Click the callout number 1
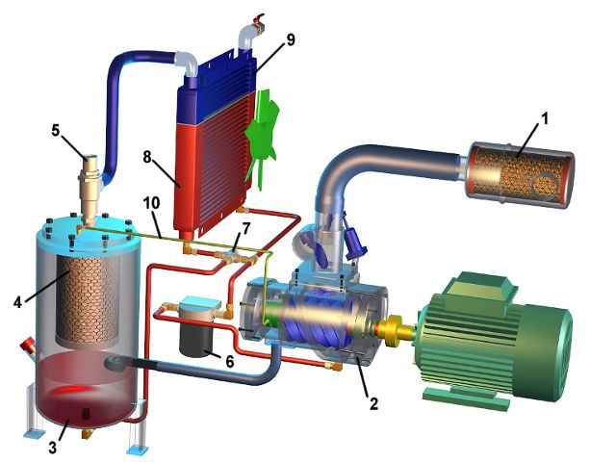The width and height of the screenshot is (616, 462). tap(545, 118)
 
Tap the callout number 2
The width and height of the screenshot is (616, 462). tap(373, 403)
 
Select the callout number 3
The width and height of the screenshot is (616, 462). tap(53, 447)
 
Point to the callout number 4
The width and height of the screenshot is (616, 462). tap(17, 302)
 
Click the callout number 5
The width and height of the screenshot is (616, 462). tap(56, 131)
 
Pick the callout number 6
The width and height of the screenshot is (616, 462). tap(230, 361)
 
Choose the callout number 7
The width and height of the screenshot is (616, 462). tap(246, 229)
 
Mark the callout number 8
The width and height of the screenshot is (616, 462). tap(147, 157)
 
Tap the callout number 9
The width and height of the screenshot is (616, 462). tap(291, 39)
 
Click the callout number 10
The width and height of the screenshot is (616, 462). tap(152, 203)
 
